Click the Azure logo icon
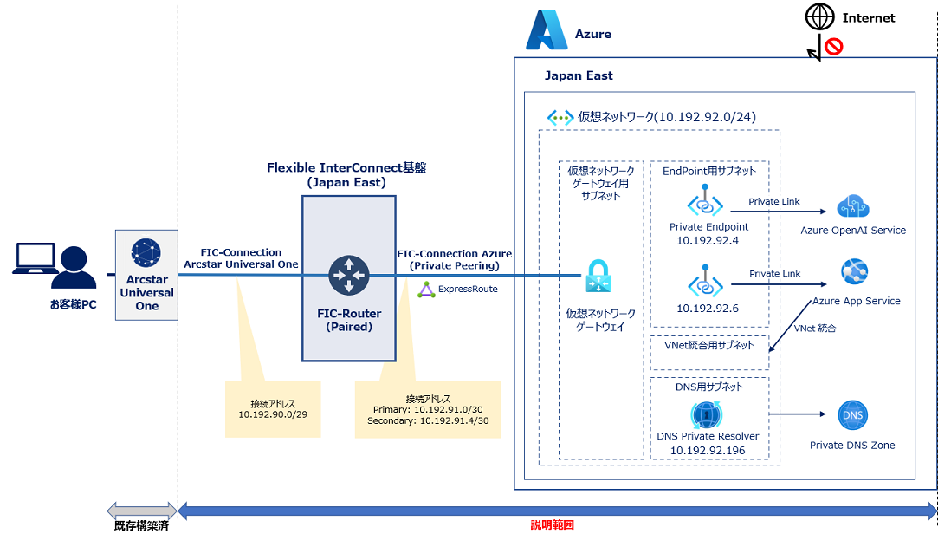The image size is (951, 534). tap(547, 30)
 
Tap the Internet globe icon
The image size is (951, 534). tap(818, 17)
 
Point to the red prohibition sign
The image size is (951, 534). tap(834, 46)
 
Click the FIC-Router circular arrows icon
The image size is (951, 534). tap(349, 275)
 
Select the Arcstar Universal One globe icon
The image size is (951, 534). tap(146, 252)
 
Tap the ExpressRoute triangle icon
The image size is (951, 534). tap(425, 289)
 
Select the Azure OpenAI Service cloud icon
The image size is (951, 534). tap(853, 207)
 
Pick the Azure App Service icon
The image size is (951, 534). tap(856, 272)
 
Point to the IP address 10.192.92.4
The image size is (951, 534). tap(708, 241)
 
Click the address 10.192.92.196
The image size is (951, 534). tap(708, 450)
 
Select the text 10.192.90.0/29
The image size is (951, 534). tap(273, 414)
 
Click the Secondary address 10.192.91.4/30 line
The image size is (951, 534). tap(427, 420)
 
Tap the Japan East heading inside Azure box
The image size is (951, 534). tap(579, 75)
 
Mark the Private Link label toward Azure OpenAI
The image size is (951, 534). tap(774, 202)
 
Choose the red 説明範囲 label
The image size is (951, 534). tap(552, 524)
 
